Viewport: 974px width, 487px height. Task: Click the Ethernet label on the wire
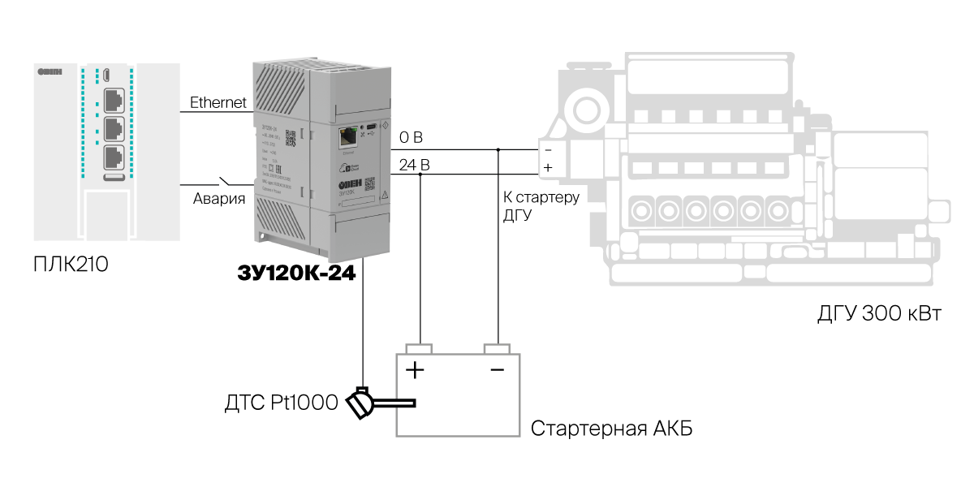(x=218, y=102)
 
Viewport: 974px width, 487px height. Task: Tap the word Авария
(x=219, y=199)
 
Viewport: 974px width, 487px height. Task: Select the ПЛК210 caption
(x=71, y=265)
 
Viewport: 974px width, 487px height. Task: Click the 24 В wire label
(x=414, y=165)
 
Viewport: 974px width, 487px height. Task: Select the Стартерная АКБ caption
(x=611, y=428)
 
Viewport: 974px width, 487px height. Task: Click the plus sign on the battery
(x=415, y=371)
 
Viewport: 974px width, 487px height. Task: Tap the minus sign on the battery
(x=497, y=371)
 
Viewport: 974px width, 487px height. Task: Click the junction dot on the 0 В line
(x=498, y=150)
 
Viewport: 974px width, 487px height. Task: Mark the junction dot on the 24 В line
(x=420, y=175)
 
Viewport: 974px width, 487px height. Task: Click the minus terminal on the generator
(x=548, y=150)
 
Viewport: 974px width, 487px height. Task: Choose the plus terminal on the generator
(x=548, y=167)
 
